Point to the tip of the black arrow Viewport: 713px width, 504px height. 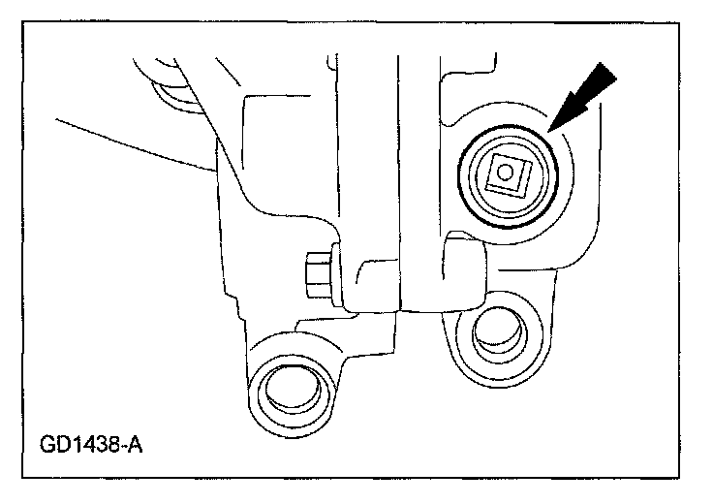click(549, 131)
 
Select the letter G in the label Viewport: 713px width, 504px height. click(48, 447)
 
